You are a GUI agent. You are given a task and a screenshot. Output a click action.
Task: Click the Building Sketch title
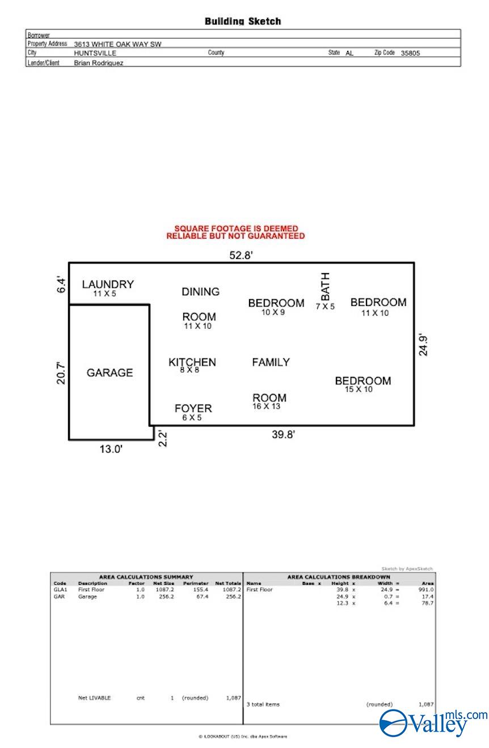click(243, 22)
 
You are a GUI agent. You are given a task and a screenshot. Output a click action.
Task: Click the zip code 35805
click(410, 53)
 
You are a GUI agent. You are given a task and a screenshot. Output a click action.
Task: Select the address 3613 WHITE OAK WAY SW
click(117, 44)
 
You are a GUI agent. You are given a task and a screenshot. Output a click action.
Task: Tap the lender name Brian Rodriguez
click(99, 63)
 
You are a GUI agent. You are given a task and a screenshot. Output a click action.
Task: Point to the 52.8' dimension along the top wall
click(241, 256)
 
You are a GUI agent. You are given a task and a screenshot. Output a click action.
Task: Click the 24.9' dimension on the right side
click(423, 345)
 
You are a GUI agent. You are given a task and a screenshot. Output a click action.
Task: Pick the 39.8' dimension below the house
click(284, 435)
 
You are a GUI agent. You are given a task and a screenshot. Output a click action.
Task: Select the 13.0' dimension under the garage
click(111, 449)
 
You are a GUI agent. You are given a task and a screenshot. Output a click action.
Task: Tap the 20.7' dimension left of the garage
click(61, 373)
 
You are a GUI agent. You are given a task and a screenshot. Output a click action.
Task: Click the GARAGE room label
click(109, 373)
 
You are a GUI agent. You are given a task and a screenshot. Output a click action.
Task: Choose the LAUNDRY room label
click(108, 284)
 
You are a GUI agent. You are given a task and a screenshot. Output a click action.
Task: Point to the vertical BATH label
click(325, 287)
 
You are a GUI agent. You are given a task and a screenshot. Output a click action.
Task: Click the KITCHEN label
click(192, 362)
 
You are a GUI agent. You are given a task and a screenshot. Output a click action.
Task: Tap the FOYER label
click(193, 409)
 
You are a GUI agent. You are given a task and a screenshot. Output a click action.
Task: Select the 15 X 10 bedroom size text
click(359, 389)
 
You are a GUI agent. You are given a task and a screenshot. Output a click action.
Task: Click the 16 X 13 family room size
click(267, 406)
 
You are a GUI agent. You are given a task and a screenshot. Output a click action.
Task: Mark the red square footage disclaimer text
click(235, 232)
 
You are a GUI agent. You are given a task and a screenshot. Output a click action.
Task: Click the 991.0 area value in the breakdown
click(426, 590)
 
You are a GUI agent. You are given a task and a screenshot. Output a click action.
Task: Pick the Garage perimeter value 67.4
click(202, 596)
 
